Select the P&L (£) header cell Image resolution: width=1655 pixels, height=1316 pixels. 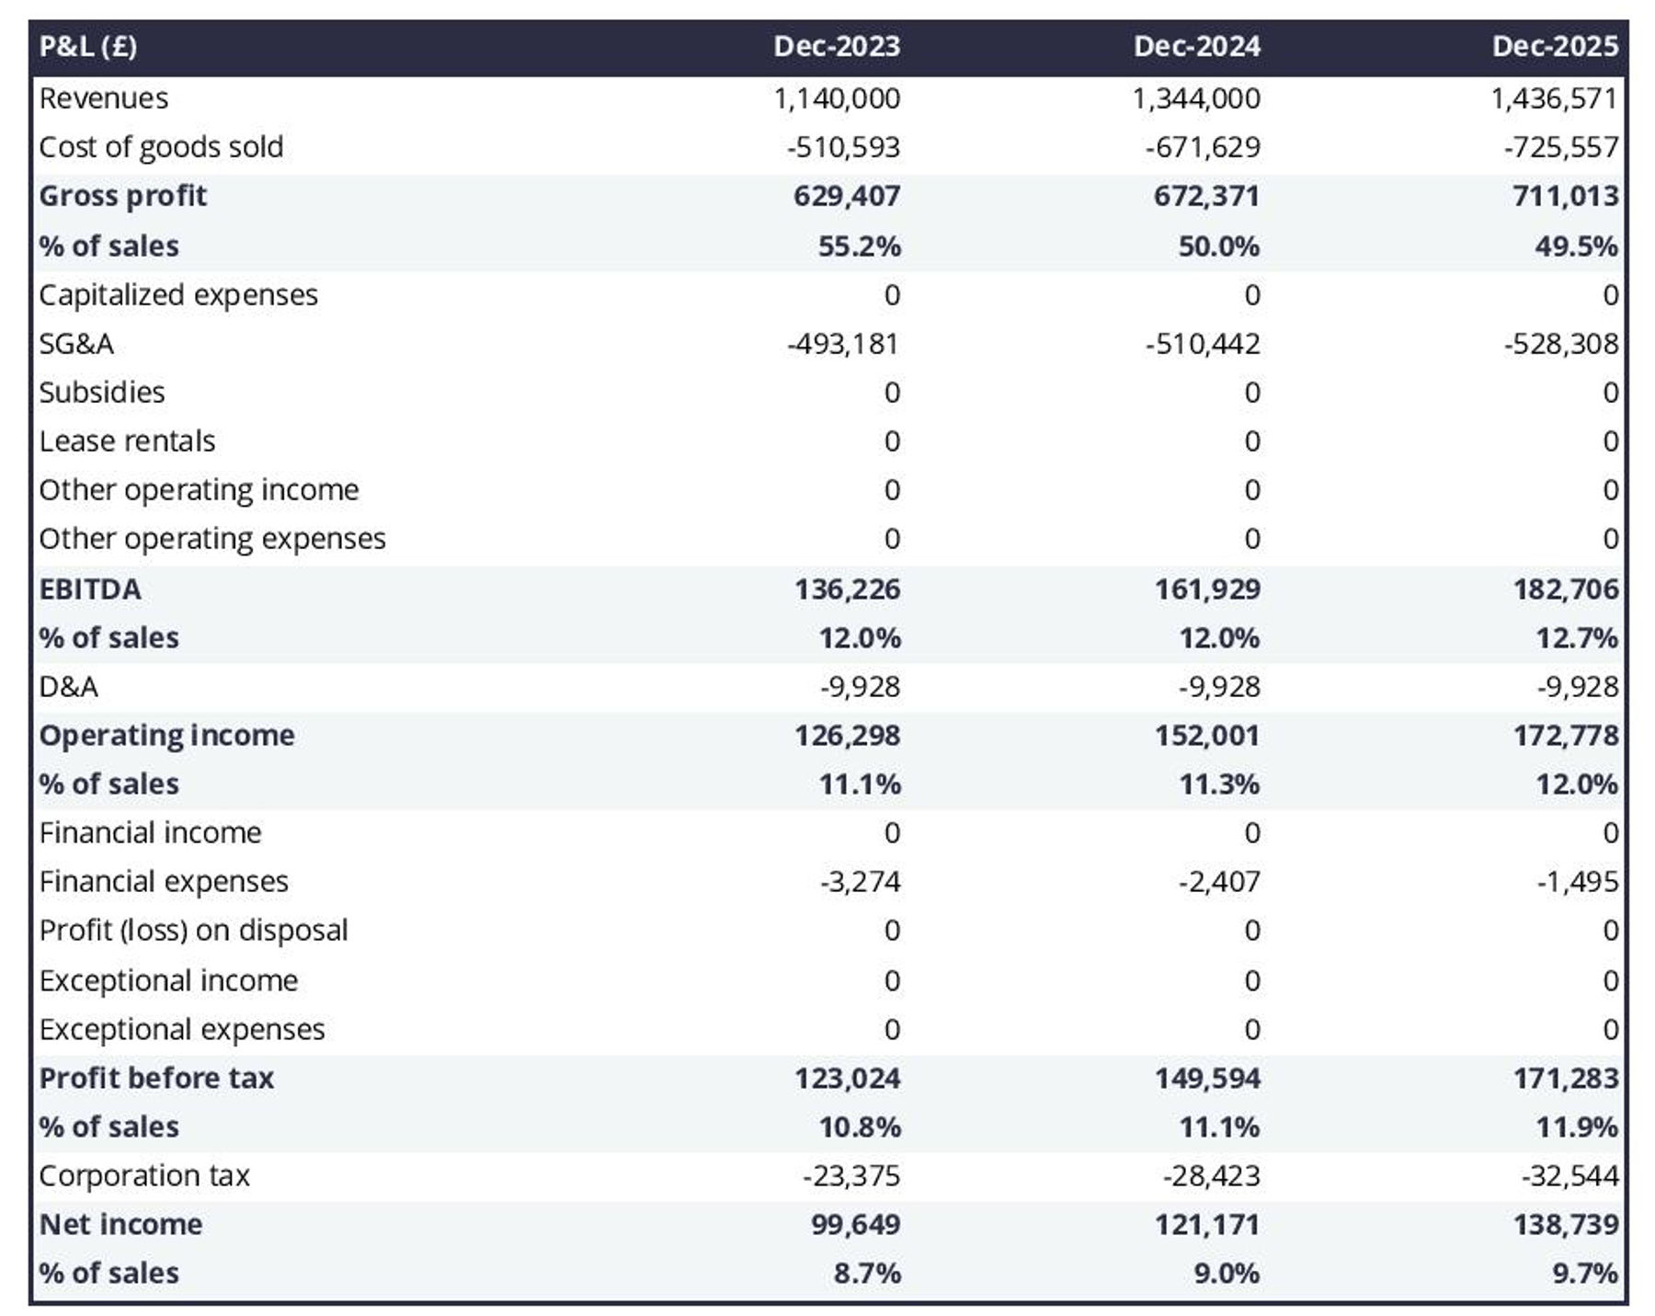(88, 46)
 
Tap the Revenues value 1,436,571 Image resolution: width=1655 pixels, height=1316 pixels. (1553, 98)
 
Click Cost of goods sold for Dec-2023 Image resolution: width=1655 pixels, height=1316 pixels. (843, 147)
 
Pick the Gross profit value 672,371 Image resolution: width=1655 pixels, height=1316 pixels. (1206, 196)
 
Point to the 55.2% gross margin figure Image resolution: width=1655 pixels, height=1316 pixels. (859, 246)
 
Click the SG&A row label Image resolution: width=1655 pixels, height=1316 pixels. (76, 344)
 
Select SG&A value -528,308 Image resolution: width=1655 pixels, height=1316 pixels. (1560, 344)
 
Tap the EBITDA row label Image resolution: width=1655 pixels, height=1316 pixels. (90, 589)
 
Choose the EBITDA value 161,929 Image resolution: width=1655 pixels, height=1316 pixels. (1206, 589)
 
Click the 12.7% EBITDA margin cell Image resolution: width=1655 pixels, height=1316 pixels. (1576, 637)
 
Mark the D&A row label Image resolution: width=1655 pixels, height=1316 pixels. (69, 686)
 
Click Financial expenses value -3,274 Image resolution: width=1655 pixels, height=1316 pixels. (860, 881)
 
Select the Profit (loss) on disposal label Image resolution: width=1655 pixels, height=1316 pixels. (193, 930)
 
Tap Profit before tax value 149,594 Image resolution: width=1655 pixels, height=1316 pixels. (1206, 1078)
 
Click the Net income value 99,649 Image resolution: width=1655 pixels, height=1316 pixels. (855, 1224)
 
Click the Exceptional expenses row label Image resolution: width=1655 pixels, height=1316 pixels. (182, 1029)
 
